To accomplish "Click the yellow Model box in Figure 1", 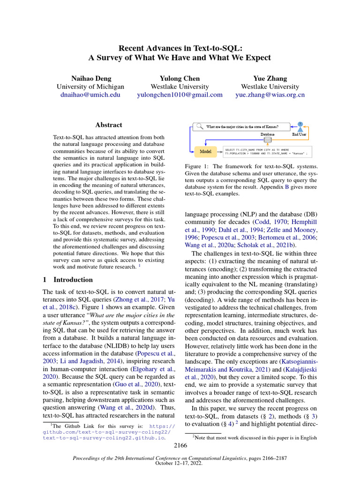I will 205,151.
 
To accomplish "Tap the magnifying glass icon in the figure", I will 199,126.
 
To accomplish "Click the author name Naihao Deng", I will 90,78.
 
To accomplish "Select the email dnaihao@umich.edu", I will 90,95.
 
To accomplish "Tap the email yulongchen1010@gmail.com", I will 180,95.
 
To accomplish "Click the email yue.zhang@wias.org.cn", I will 270,95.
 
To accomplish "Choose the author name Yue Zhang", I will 270,78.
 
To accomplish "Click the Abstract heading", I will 109,125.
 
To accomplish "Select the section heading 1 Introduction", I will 68,280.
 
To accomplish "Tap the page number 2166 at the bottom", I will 180,445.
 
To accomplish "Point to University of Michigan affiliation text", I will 90,87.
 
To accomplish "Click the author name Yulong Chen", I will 180,78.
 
